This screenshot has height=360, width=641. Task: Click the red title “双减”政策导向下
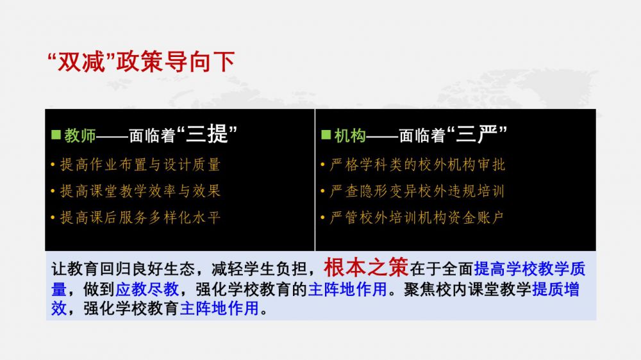click(x=141, y=62)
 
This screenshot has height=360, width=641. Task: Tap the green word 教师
click(x=79, y=136)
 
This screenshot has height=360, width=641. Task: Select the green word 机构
click(x=350, y=136)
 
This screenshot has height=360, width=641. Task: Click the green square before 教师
click(x=56, y=135)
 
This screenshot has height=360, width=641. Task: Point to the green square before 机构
click(x=326, y=135)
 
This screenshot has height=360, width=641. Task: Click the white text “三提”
click(x=207, y=134)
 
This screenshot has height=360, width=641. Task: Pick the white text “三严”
click(x=477, y=134)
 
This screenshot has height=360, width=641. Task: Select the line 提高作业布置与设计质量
click(x=140, y=165)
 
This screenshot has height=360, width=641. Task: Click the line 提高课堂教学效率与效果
click(x=140, y=191)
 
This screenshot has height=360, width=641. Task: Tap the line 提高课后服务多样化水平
click(x=140, y=217)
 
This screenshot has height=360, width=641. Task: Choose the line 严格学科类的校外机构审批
click(x=417, y=165)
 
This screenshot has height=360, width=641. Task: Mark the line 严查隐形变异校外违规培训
click(x=417, y=191)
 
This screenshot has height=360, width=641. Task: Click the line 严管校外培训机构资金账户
click(x=417, y=217)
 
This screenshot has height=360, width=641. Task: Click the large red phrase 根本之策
click(x=366, y=267)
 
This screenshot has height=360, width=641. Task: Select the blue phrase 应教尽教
click(x=147, y=290)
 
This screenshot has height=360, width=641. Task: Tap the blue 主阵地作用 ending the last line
click(x=219, y=308)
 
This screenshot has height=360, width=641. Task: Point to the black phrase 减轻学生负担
click(x=259, y=269)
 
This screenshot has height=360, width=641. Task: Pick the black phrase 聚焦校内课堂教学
click(x=468, y=290)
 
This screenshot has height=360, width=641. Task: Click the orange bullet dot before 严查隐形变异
click(x=322, y=191)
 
